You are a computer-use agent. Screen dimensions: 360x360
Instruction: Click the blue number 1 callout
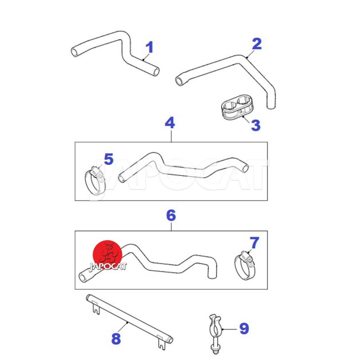[x=149, y=47]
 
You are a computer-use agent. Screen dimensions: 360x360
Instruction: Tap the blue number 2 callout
[x=256, y=44]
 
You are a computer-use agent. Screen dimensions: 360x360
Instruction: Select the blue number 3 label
[x=256, y=126]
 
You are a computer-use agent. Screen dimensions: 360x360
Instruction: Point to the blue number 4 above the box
[x=170, y=123]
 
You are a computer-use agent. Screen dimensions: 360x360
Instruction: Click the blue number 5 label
[x=109, y=159]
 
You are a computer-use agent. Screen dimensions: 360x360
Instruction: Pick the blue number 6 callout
[x=171, y=216]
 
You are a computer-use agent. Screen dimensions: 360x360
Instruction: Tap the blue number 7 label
[x=254, y=243]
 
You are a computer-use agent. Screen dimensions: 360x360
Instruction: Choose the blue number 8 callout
[x=116, y=339]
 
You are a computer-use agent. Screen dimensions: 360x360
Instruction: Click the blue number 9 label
[x=244, y=328]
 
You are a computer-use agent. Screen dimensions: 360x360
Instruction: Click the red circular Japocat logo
[x=108, y=255]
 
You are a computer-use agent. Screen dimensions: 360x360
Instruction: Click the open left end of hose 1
[x=75, y=52]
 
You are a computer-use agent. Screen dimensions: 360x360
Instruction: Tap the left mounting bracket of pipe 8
[x=96, y=308]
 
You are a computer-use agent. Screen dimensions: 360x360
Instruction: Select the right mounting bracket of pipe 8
[x=162, y=342]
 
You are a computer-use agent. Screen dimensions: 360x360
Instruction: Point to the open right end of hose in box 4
[x=245, y=168]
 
